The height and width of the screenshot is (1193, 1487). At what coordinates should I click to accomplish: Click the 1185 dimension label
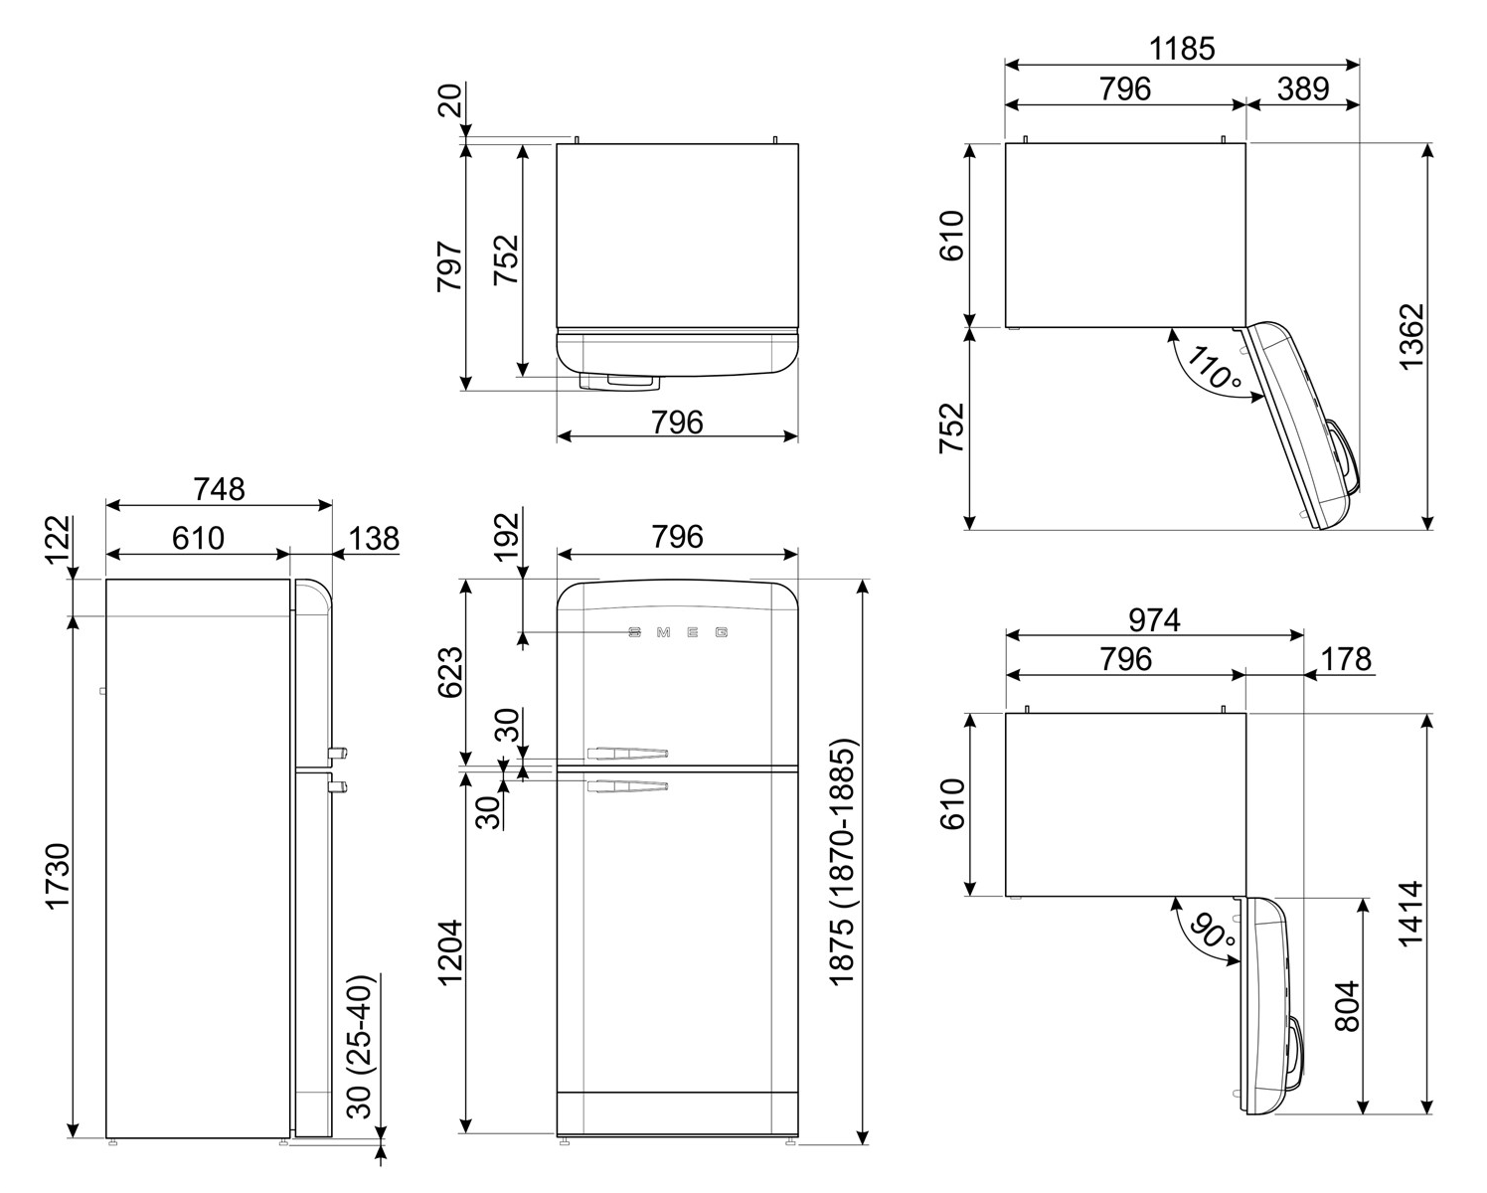pos(1182,49)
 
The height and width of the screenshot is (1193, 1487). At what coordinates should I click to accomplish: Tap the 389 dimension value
pos(1303,88)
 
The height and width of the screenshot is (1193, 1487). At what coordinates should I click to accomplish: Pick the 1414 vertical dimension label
pos(1410,914)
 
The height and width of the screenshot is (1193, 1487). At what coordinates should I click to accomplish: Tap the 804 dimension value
pos(1347,1006)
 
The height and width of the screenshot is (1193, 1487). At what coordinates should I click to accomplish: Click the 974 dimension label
pos(1155,620)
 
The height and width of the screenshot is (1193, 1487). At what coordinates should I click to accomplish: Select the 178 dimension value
pos(1346,659)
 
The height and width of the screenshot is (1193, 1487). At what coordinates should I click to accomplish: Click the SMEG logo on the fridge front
pos(678,632)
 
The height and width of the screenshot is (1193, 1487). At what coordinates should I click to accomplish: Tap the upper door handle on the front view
pos(627,753)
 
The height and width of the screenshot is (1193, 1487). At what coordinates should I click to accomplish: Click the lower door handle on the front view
pos(627,785)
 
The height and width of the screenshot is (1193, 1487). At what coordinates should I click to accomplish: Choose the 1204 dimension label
pos(450,952)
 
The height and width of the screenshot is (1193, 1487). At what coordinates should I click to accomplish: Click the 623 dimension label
pos(450,672)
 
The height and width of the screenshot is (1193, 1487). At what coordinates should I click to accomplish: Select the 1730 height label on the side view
pos(58,877)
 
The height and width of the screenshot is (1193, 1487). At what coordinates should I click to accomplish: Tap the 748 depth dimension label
pos(219,489)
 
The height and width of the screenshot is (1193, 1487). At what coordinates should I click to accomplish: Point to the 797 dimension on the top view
pos(450,266)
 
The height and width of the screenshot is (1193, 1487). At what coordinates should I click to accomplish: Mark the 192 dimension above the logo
pos(509,537)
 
